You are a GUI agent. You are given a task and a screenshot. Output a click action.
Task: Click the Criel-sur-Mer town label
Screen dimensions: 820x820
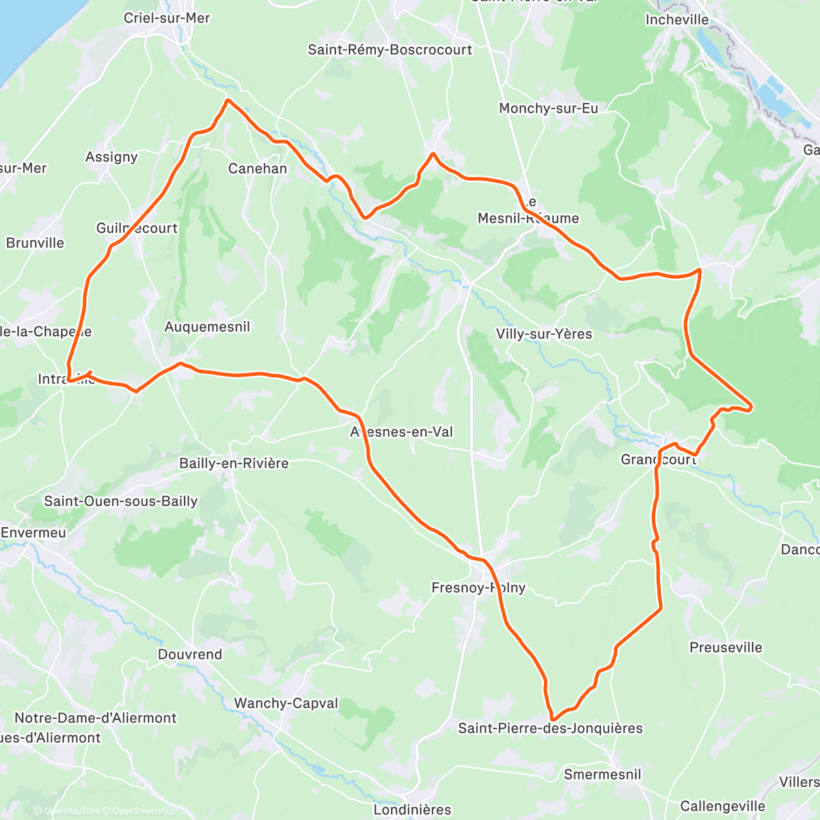tap(167, 18)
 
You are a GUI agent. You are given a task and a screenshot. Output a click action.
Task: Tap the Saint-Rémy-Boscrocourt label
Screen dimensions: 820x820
tap(389, 49)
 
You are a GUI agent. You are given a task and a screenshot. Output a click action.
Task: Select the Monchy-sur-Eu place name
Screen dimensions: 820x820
tap(548, 108)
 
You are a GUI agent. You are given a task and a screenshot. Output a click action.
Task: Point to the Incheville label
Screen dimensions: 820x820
tap(677, 20)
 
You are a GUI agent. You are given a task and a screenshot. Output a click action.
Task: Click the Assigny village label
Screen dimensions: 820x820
tap(111, 157)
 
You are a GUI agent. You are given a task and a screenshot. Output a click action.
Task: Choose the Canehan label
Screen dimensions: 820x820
tap(258, 168)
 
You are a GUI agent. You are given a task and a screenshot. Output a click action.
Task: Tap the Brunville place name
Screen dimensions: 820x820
tap(35, 243)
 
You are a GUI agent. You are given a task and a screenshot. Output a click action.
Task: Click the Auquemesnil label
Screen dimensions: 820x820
tap(207, 327)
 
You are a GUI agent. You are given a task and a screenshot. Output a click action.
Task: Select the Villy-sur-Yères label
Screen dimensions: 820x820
tap(544, 333)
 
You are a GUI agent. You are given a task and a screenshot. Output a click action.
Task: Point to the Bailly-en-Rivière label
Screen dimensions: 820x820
tap(234, 463)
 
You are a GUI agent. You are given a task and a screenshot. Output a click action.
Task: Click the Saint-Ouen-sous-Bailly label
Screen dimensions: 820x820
tap(121, 501)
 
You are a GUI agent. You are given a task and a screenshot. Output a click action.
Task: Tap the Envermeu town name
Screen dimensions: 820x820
tap(33, 532)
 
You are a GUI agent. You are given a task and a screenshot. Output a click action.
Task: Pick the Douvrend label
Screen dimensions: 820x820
tap(190, 654)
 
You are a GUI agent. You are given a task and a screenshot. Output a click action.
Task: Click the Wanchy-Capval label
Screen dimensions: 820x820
tap(286, 703)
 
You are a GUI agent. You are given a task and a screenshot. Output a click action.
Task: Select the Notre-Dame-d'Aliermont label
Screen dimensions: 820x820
tap(96, 718)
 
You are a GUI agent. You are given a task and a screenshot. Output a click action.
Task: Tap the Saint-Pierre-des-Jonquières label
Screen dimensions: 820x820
tap(550, 728)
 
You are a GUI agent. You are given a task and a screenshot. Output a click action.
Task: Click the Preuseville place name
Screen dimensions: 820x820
tap(726, 647)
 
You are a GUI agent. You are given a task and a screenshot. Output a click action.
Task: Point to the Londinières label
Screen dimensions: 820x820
tap(413, 810)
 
